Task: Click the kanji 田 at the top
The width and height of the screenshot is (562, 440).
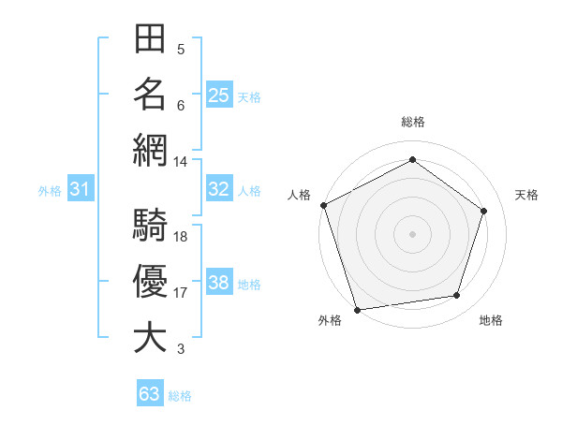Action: coord(150,41)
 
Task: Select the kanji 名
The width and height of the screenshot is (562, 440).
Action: coord(150,95)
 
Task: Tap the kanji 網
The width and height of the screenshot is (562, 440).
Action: coord(150,150)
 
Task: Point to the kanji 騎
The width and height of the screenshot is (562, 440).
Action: coord(150,227)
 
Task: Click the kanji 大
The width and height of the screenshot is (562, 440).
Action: coord(150,337)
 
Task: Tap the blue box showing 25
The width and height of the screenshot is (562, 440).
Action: coord(219,95)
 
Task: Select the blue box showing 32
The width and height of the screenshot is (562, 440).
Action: coord(219,189)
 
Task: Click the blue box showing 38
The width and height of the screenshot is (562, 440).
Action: coord(219,283)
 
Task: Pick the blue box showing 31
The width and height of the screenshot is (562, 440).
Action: coord(81,190)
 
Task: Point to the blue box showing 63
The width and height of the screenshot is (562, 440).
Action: coord(150,394)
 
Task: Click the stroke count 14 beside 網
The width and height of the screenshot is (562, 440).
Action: coord(181,162)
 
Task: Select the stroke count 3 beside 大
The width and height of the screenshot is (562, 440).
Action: coord(180,349)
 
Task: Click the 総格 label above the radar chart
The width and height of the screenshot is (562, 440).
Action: coord(412,122)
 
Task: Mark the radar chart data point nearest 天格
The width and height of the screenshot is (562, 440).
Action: coord(484,211)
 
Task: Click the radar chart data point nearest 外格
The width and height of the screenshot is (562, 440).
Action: coord(358,310)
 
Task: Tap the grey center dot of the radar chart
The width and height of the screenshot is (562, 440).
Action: coord(412,233)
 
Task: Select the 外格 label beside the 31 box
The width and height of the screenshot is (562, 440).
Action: coord(50,191)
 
